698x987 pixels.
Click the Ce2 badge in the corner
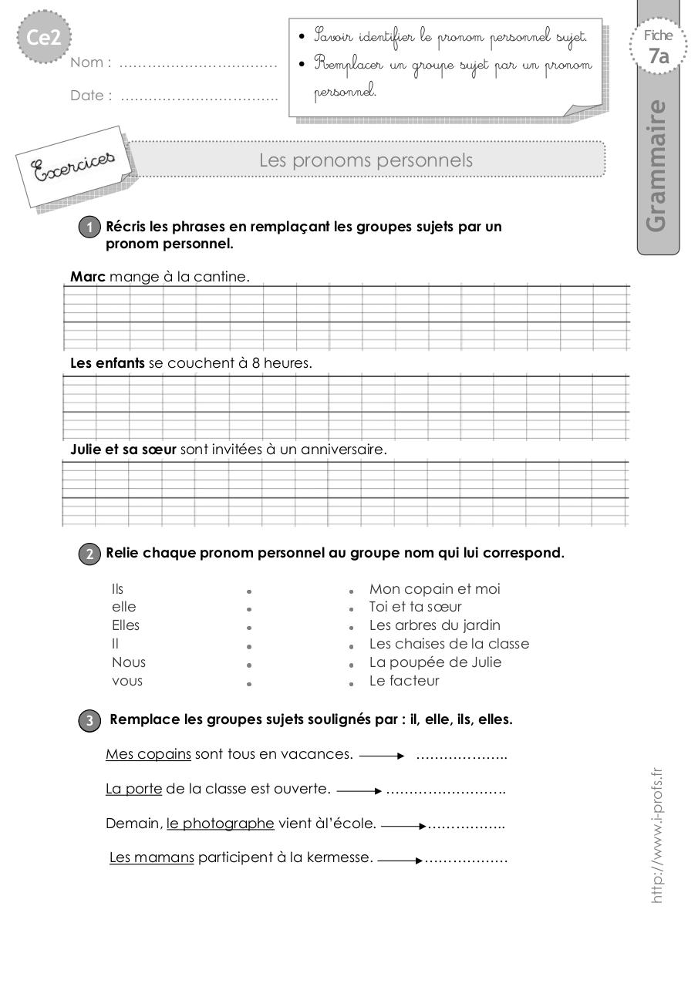(x=44, y=37)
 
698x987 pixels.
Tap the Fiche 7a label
(x=658, y=47)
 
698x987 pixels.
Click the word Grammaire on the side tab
(x=656, y=165)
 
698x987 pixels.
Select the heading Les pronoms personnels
(x=366, y=160)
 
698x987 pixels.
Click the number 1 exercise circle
(x=89, y=227)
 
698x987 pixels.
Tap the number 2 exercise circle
(x=89, y=554)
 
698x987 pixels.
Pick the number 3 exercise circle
(x=89, y=720)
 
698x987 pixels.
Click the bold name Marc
(x=87, y=276)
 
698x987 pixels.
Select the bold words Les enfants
(x=106, y=362)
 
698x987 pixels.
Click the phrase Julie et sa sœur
(x=123, y=449)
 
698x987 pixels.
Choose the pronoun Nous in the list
(x=128, y=662)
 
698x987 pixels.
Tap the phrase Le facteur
(x=404, y=681)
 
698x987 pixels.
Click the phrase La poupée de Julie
(x=435, y=662)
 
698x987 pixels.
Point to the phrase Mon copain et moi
(x=434, y=589)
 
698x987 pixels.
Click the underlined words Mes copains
(x=148, y=754)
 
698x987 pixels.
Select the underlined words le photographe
(x=220, y=824)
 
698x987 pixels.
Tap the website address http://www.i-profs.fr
(x=656, y=834)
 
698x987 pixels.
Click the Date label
(x=90, y=96)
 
